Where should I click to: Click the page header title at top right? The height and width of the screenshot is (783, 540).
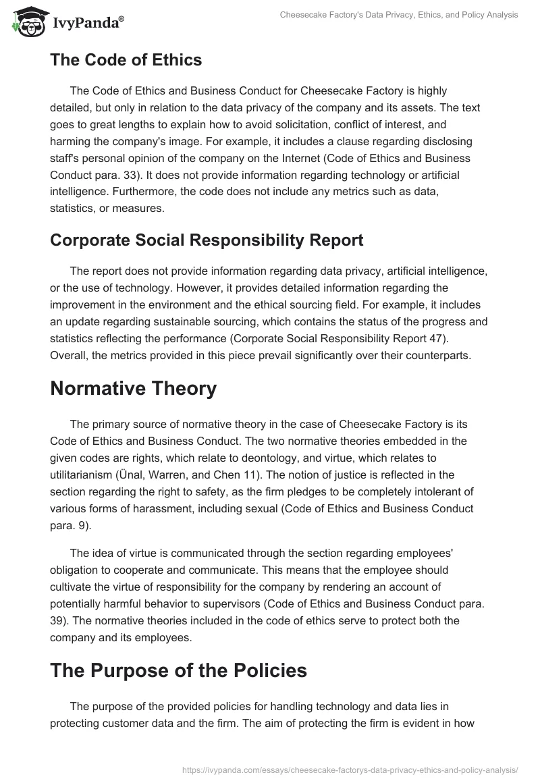[x=399, y=15]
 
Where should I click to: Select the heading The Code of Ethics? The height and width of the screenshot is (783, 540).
[x=126, y=60]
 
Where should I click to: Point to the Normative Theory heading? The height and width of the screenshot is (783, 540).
[x=133, y=388]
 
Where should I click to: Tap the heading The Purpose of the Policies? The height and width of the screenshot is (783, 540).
[x=178, y=670]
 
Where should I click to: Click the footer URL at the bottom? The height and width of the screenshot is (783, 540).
[x=350, y=769]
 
